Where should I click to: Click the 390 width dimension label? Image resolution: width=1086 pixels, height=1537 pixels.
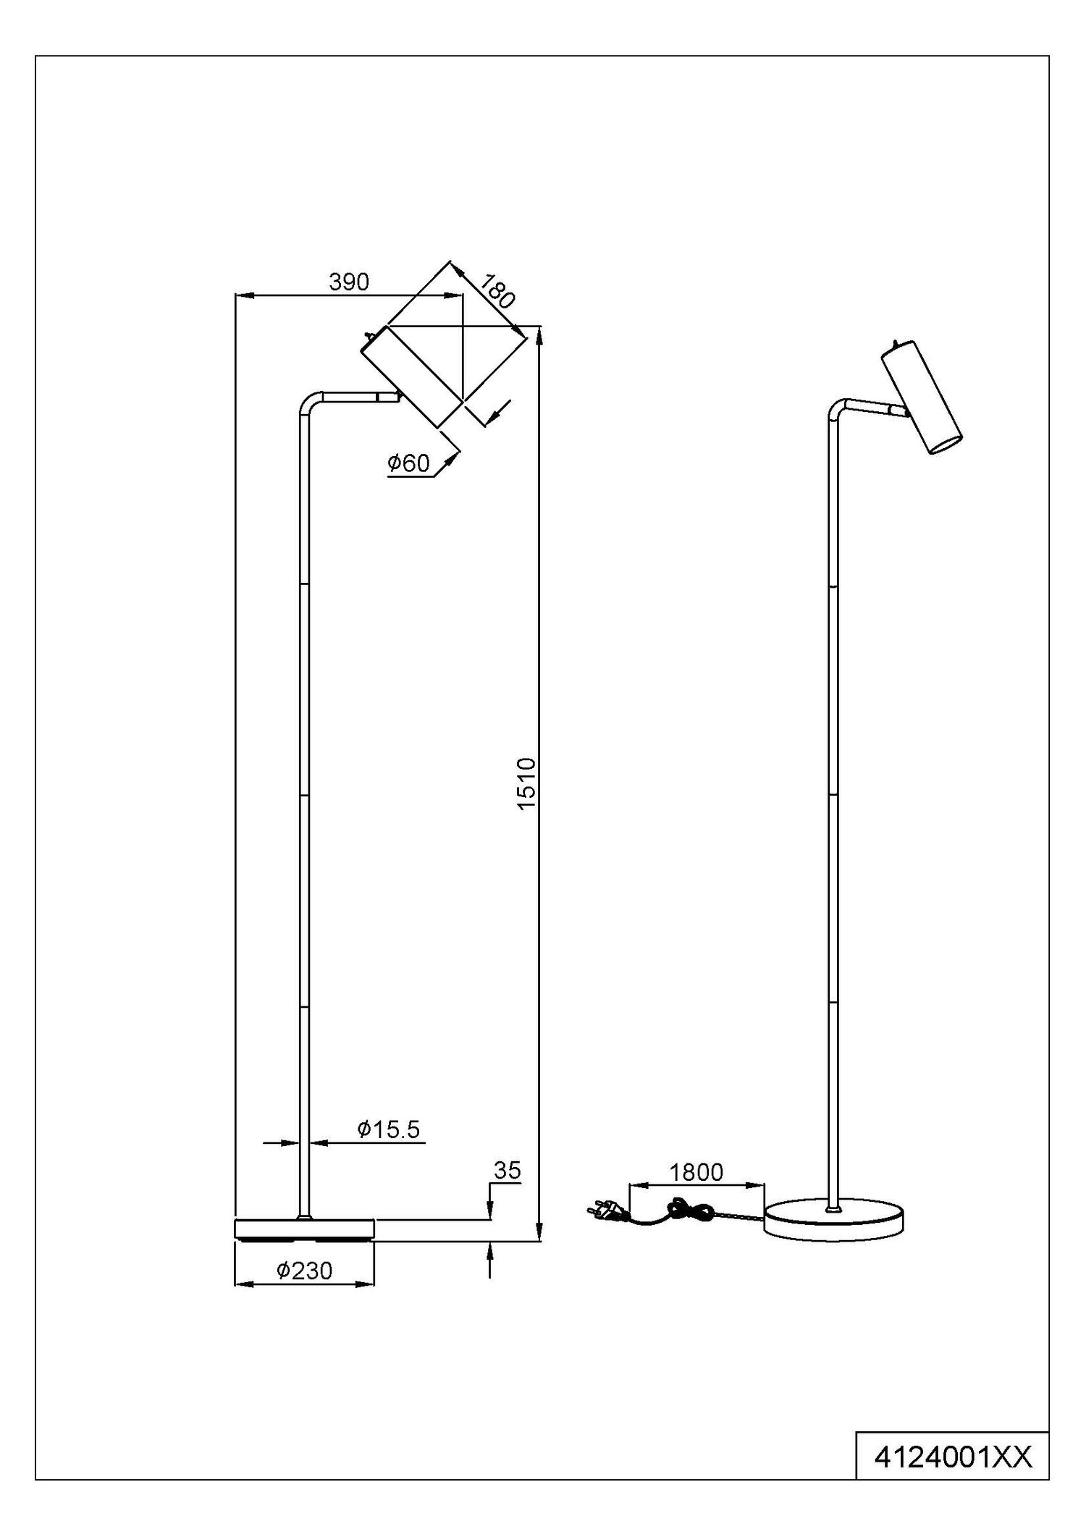pos(349,282)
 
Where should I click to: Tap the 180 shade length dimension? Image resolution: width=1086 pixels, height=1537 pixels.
pos(496,291)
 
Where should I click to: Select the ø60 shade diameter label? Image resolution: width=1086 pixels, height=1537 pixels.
pos(408,463)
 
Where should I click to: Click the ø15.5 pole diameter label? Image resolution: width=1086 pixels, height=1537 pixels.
pos(388,1129)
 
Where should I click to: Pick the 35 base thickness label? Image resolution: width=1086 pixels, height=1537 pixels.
pos(507,1171)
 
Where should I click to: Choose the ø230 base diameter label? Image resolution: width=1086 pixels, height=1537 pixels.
pos(304,1271)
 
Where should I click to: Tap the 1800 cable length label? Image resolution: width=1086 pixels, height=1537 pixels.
pos(696,1172)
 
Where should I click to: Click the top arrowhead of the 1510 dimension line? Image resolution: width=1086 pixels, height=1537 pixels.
pos(539,336)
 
